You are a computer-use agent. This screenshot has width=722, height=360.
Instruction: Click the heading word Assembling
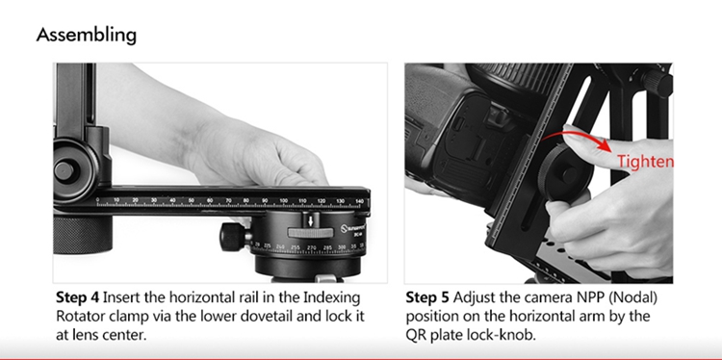[86, 35]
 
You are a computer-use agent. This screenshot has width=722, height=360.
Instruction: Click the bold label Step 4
[77, 297]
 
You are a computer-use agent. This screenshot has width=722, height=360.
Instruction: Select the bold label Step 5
[427, 297]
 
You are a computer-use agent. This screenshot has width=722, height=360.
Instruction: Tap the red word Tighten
[645, 162]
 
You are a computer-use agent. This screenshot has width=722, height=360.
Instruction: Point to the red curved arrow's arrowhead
[606, 147]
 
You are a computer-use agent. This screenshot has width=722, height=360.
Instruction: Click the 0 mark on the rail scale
[97, 200]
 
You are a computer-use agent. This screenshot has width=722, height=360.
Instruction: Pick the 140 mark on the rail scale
[359, 201]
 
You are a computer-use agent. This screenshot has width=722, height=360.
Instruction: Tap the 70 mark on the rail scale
[228, 201]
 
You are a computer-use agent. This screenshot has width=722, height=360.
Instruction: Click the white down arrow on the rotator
[311, 221]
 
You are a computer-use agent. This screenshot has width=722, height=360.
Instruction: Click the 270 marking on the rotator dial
[312, 247]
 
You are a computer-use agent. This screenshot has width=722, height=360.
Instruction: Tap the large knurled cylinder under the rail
[83, 235]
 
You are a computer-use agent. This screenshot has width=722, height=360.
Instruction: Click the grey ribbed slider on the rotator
[310, 233]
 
